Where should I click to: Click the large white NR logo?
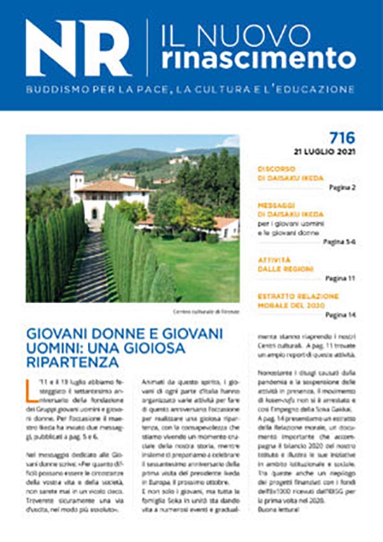click(x=77, y=49)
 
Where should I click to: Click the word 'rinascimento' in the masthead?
click(x=258, y=58)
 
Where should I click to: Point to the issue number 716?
click(x=342, y=138)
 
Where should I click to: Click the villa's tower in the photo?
click(x=77, y=186)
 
